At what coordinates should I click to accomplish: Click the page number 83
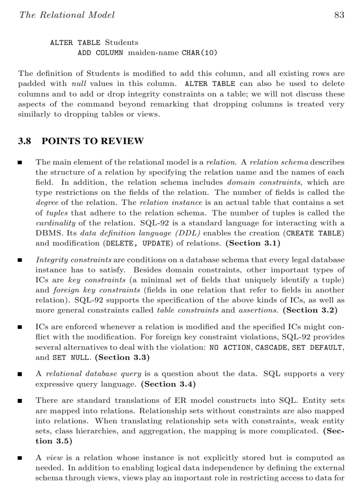339,15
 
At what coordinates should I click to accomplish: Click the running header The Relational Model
67,15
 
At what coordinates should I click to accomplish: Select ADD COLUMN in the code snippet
100,53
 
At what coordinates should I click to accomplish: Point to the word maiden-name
154,53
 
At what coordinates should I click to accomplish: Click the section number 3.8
25,141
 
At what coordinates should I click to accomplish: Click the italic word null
79,84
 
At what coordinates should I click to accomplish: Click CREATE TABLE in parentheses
314,233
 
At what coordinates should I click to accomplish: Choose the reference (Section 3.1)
252,243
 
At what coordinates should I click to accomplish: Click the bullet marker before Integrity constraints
20,261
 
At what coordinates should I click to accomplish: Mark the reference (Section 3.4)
169,384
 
